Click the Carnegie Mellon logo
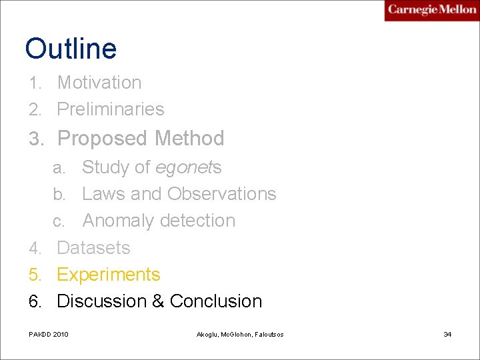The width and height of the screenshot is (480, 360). tap(431, 10)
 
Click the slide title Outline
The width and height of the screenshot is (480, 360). tap(71, 49)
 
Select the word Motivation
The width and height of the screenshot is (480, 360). tap(99, 83)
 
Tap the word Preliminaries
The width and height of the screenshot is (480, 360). tap(111, 109)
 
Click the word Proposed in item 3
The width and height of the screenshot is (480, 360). tap(103, 139)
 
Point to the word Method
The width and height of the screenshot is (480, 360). tap(189, 139)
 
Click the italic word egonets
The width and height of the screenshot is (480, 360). tap(188, 168)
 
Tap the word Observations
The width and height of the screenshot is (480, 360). tap(222, 194)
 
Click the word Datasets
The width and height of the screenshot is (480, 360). tap(93, 248)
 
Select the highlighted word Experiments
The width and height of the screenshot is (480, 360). tap(109, 275)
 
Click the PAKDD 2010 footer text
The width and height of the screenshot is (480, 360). tap(48, 334)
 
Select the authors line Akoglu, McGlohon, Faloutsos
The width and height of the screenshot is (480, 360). tap(240, 334)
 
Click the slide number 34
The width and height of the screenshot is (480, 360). tap(447, 334)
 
